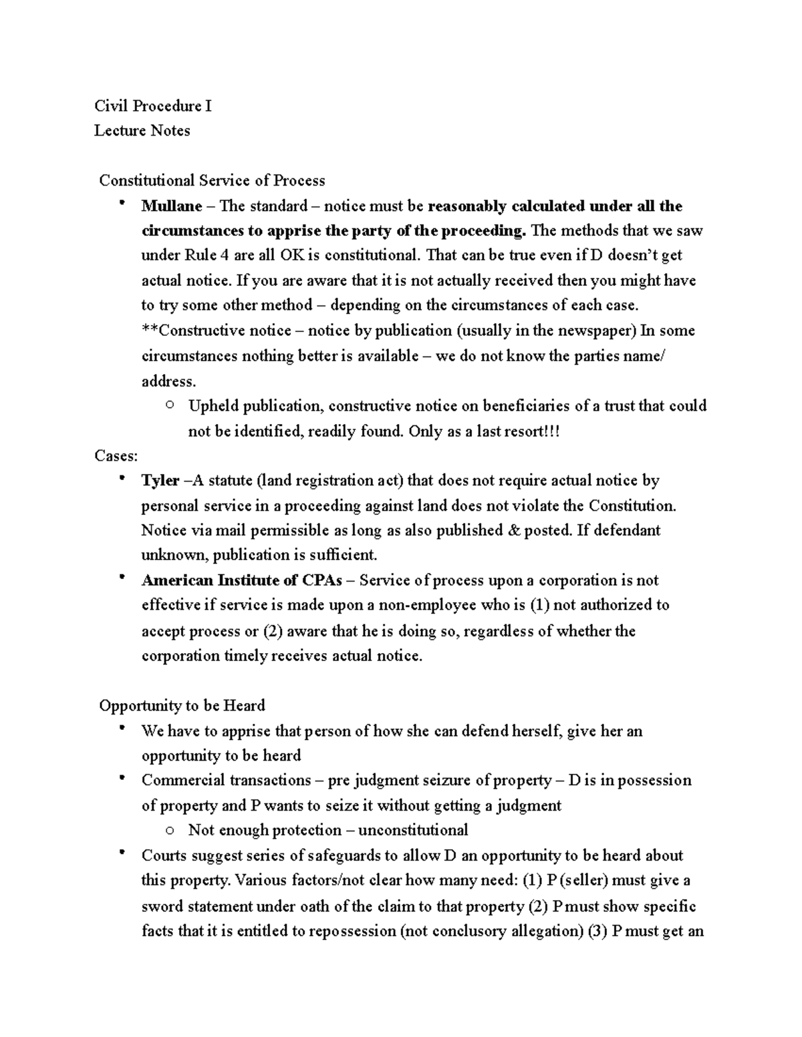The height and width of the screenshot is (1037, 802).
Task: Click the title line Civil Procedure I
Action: pos(152,106)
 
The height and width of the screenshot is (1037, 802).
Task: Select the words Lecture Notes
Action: pos(142,130)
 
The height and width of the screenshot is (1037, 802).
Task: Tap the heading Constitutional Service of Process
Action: pos(212,180)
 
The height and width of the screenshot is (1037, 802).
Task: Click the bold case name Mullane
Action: pos(171,206)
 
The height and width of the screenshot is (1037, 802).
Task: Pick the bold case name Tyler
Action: pos(160,481)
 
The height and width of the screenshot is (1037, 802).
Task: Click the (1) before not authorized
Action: pos(539,605)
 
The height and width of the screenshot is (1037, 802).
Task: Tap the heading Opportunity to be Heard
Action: pos(182,705)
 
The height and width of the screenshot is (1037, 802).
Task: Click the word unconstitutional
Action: pos(412,830)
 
